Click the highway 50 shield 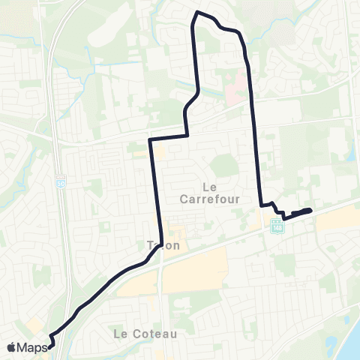point(61,182)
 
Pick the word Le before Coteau point(118,332)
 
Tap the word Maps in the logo point(33,347)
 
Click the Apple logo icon point(12,347)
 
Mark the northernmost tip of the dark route point(198,12)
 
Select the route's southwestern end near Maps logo point(52,346)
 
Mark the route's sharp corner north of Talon point(151,139)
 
